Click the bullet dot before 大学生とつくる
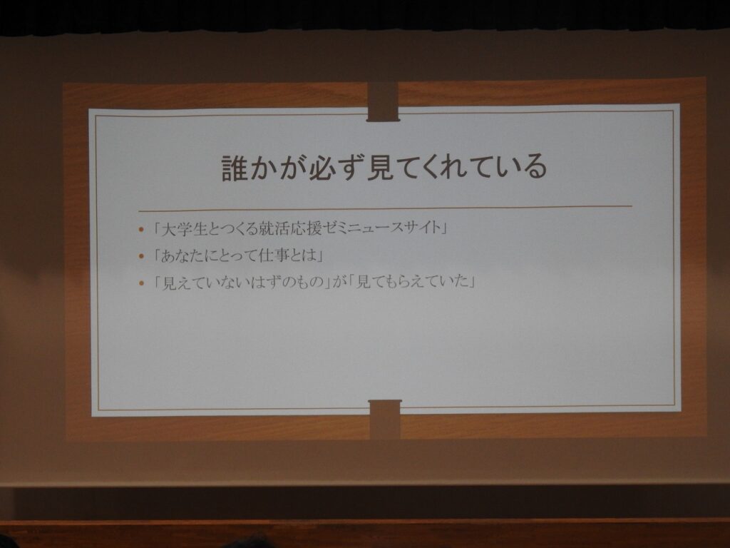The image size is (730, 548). [x=142, y=230]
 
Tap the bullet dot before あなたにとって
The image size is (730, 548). [x=142, y=256]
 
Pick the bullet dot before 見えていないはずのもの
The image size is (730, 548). [x=142, y=283]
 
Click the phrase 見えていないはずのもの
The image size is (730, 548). [x=242, y=283]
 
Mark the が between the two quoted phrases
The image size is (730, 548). [x=339, y=282]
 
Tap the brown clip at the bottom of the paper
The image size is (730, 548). [x=384, y=419]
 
